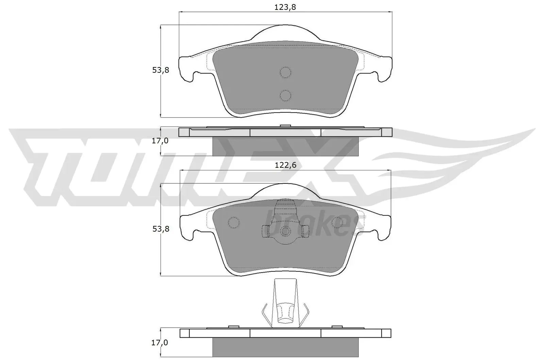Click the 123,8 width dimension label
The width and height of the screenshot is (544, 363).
point(285,7)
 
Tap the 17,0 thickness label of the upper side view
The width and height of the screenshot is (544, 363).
point(160,141)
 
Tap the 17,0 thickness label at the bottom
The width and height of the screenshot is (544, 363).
point(160,343)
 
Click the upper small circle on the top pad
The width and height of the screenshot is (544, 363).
point(285,72)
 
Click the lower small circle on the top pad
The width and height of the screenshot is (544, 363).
point(285,95)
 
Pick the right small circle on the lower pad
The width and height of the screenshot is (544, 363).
point(337,222)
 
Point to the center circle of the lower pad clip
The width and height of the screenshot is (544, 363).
point(285,232)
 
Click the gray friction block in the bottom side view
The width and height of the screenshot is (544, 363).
point(285,347)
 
